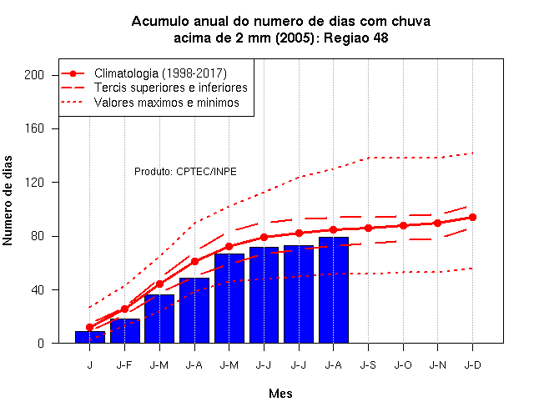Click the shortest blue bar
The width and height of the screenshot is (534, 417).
[90, 337]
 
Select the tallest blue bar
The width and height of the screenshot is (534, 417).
[334, 290]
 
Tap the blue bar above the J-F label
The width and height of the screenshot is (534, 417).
[125, 331]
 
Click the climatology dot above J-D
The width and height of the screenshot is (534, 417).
[473, 217]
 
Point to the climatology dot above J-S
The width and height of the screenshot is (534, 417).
[368, 228]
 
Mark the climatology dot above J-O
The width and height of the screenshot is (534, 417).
[403, 225]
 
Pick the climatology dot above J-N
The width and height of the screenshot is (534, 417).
[437, 223]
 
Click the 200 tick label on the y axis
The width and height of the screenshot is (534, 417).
[34, 75]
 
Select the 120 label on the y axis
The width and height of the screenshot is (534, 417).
[34, 183]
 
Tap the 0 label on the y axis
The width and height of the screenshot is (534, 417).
[41, 343]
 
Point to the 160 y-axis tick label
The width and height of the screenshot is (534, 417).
[34, 128]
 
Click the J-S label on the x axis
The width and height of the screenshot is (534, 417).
[368, 365]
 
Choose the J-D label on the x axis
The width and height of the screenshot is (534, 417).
[473, 365]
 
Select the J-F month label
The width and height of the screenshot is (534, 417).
[124, 365]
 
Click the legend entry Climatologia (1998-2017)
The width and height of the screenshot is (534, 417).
[160, 73]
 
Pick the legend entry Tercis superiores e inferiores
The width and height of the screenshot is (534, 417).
[170, 88]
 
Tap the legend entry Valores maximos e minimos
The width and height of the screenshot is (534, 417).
[167, 103]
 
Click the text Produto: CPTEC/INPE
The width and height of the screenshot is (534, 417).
[185, 171]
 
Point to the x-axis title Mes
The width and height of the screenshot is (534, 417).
[280, 394]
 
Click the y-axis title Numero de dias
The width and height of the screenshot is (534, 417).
[8, 200]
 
